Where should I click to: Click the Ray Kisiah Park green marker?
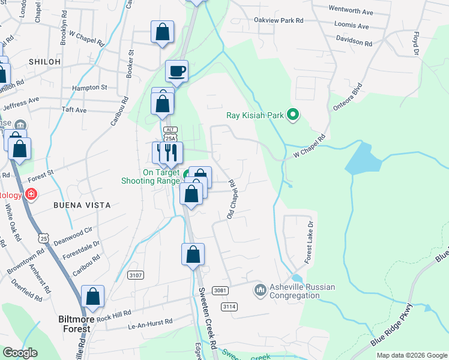coord(293,114)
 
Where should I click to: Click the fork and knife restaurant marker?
coord(168,154)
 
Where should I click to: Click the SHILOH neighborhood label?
coord(44,62)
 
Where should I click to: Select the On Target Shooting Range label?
coord(161,176)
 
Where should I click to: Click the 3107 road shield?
coord(136,275)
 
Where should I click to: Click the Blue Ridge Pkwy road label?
coord(393,325)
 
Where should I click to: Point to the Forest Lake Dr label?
coord(310,244)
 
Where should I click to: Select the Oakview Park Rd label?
coord(279,20)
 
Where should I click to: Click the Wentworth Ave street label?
coord(351,11)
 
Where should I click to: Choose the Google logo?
coord(20,353)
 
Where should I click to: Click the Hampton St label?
coord(89,87)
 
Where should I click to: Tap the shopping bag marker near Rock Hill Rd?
coord(92,296)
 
